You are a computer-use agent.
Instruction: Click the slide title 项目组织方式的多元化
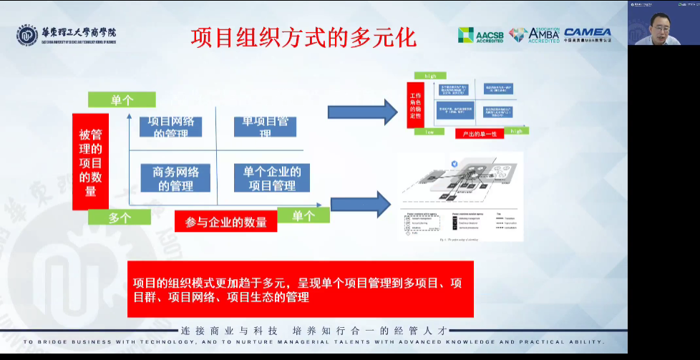pos(303,37)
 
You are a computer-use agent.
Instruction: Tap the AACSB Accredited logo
pos(480,35)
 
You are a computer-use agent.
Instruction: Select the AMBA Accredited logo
pos(534,35)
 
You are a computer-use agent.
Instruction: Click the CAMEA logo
pos(587,34)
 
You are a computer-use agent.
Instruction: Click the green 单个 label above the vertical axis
pos(122,100)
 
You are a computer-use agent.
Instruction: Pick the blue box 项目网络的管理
pos(170,127)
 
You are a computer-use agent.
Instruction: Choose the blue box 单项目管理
pos(265,126)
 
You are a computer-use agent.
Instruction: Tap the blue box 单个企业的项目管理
pos(272,178)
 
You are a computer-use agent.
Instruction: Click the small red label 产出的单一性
pos(479,134)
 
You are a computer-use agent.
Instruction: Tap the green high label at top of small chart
pos(430,76)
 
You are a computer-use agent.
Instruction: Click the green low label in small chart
pos(429,132)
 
